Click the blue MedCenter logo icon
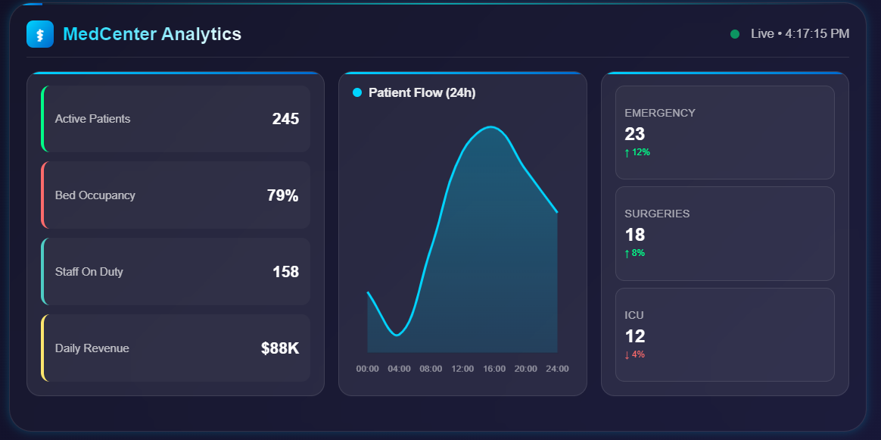point(39,34)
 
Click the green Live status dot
point(734,34)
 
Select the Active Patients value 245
point(285,119)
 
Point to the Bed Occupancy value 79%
point(282,195)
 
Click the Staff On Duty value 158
point(285,272)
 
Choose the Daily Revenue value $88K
point(280,348)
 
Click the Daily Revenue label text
point(92,348)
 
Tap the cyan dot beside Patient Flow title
point(357,92)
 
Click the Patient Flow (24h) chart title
point(422,92)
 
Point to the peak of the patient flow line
point(491,126)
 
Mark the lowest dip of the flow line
point(397,335)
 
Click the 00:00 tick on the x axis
point(367,369)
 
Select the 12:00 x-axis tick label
point(462,369)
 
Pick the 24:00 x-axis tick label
point(557,369)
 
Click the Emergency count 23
point(634,134)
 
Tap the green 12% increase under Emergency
point(637,152)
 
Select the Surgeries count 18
point(634,235)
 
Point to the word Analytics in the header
point(201,34)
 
